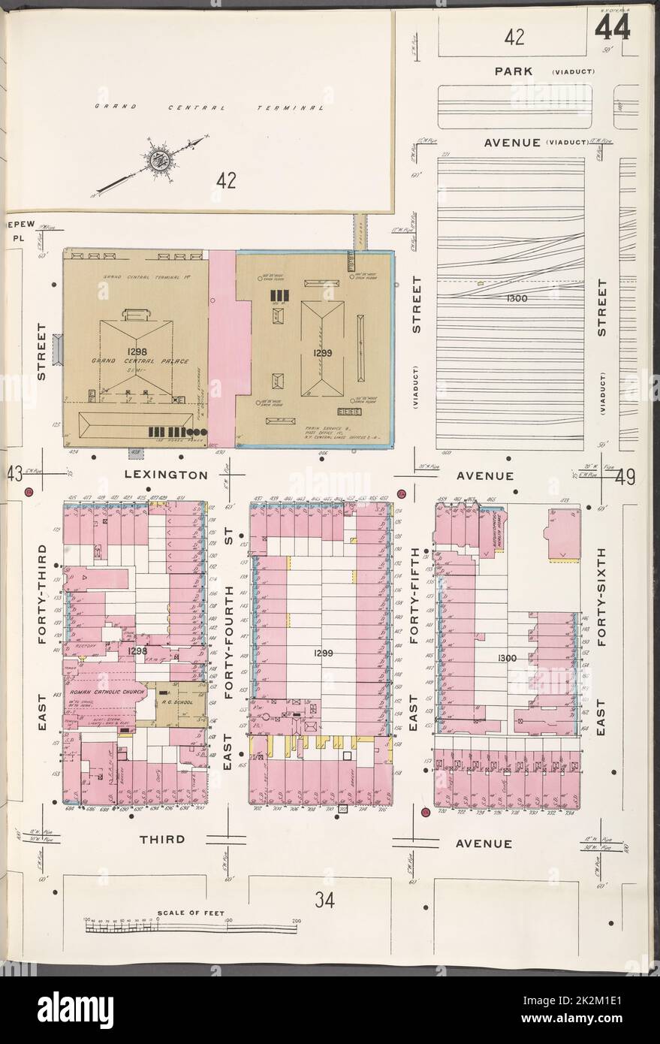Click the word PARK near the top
514,71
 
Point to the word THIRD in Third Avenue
161,840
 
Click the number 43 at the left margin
13,475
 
